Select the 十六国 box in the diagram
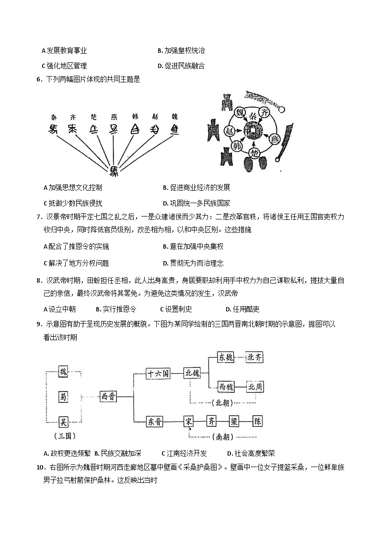[158, 374]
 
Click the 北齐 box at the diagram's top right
[254, 357]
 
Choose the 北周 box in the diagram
[254, 387]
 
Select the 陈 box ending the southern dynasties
[258, 422]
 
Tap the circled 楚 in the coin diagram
[255, 153]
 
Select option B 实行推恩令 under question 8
[116, 309]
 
